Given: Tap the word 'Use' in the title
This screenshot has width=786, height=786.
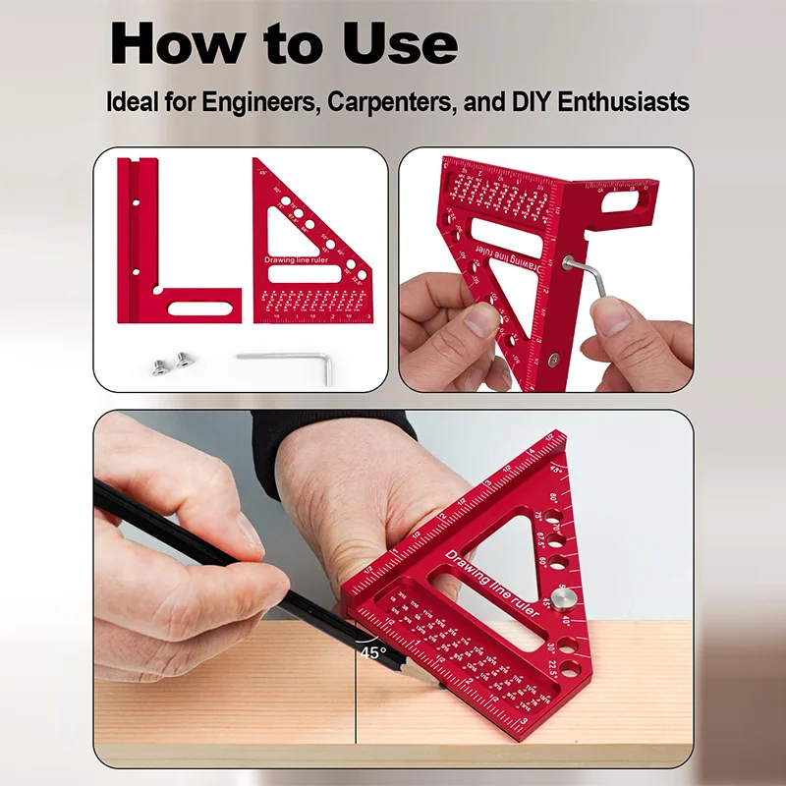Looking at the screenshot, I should coord(402,44).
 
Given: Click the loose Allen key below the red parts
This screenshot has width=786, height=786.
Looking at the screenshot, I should coord(285,359).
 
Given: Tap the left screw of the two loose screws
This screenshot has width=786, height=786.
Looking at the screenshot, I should coord(154,366).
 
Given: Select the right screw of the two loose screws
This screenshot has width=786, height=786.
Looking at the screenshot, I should coord(179,361).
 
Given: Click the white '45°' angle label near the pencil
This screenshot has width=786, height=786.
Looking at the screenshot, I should coord(372,651).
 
